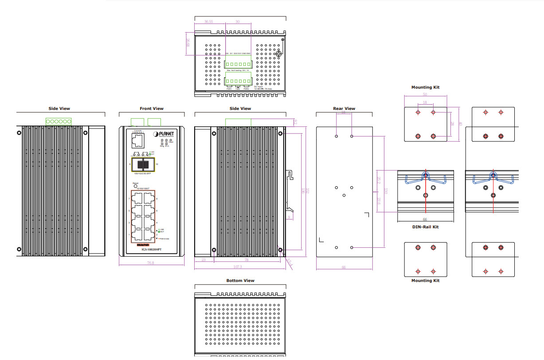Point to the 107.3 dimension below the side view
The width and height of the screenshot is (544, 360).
coord(237,267)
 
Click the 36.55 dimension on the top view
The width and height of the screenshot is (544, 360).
coord(209,21)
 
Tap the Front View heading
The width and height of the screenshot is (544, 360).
coord(152,109)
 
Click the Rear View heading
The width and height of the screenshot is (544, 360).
coord(344,109)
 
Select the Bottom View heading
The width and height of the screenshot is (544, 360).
coord(240,281)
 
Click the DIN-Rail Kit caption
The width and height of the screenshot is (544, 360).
coord(425,227)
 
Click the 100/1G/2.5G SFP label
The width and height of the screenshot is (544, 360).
coord(142,173)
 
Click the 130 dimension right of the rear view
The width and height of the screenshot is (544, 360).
coord(386,191)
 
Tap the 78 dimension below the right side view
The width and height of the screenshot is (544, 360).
coord(247,260)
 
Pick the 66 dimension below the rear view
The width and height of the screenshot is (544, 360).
coord(344,267)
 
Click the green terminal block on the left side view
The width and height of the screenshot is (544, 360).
coord(59,121)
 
